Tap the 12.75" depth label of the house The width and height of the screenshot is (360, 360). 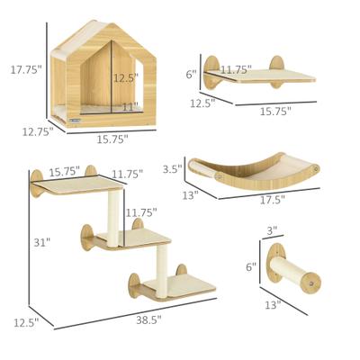point(35,131)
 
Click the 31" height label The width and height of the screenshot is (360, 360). point(41,242)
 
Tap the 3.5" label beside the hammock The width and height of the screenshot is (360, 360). point(174,167)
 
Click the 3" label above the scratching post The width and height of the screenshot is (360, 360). point(272,232)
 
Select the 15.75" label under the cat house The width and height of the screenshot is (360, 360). point(111,139)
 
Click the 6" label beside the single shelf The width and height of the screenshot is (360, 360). point(191,74)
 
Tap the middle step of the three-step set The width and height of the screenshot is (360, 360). point(135,238)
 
